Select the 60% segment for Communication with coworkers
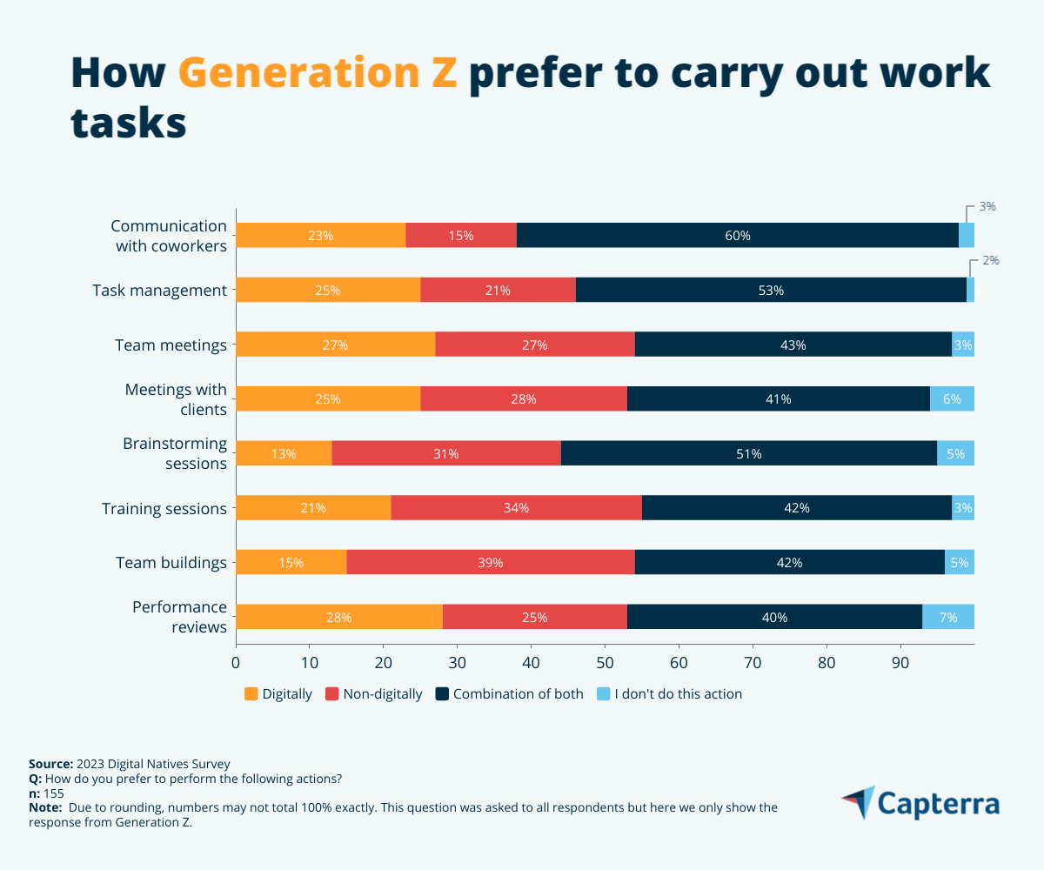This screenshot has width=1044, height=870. coord(737,235)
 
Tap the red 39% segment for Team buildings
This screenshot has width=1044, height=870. coord(491,562)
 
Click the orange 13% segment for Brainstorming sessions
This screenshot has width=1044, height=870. coord(284,453)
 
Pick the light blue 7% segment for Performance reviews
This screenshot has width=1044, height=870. coord(948,617)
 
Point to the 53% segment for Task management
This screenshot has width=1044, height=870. coord(771,290)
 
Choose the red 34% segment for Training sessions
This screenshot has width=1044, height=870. coord(516,508)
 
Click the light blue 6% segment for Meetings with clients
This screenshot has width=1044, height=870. coord(952,398)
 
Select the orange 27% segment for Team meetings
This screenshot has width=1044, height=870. coord(335,345)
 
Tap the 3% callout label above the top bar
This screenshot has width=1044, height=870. coord(987,207)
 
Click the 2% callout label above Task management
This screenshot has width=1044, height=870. coord(991,260)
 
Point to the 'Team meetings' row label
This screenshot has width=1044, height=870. coord(171,345)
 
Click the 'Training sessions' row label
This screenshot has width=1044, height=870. coord(164,508)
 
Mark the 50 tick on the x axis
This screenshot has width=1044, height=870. coord(605,662)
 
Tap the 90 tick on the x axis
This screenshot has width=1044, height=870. coord(900,662)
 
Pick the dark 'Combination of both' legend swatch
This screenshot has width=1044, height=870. coord(442,694)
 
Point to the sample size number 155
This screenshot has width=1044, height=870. coord(54,793)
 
